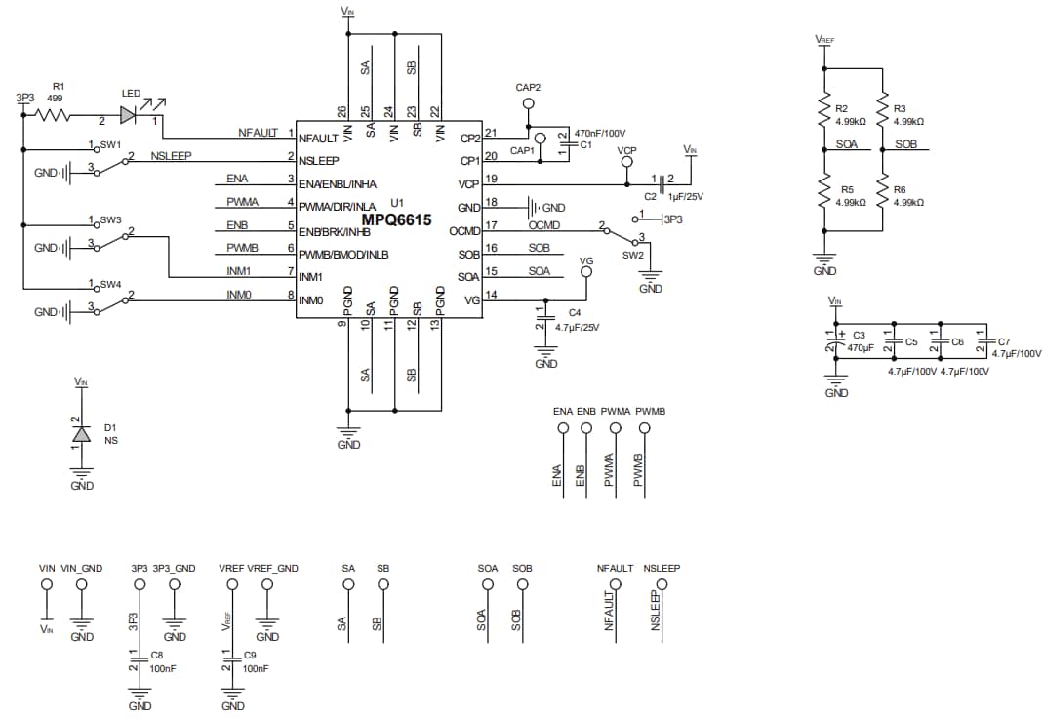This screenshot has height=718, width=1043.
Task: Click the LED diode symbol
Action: [x=129, y=115]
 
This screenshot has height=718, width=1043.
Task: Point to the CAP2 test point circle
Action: [x=528, y=103]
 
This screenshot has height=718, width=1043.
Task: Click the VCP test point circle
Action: [x=626, y=165]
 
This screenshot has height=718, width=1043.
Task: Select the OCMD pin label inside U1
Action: [x=464, y=231]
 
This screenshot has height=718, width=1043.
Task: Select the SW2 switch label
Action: [x=632, y=254]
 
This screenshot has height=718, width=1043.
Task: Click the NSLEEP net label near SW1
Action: [x=171, y=156]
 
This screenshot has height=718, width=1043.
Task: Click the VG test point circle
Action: [x=585, y=274]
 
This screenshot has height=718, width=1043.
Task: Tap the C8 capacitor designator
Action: [x=157, y=656]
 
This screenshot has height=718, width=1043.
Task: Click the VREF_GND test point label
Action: [x=272, y=568]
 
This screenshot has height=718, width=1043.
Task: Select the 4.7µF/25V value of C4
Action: [x=577, y=327]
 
